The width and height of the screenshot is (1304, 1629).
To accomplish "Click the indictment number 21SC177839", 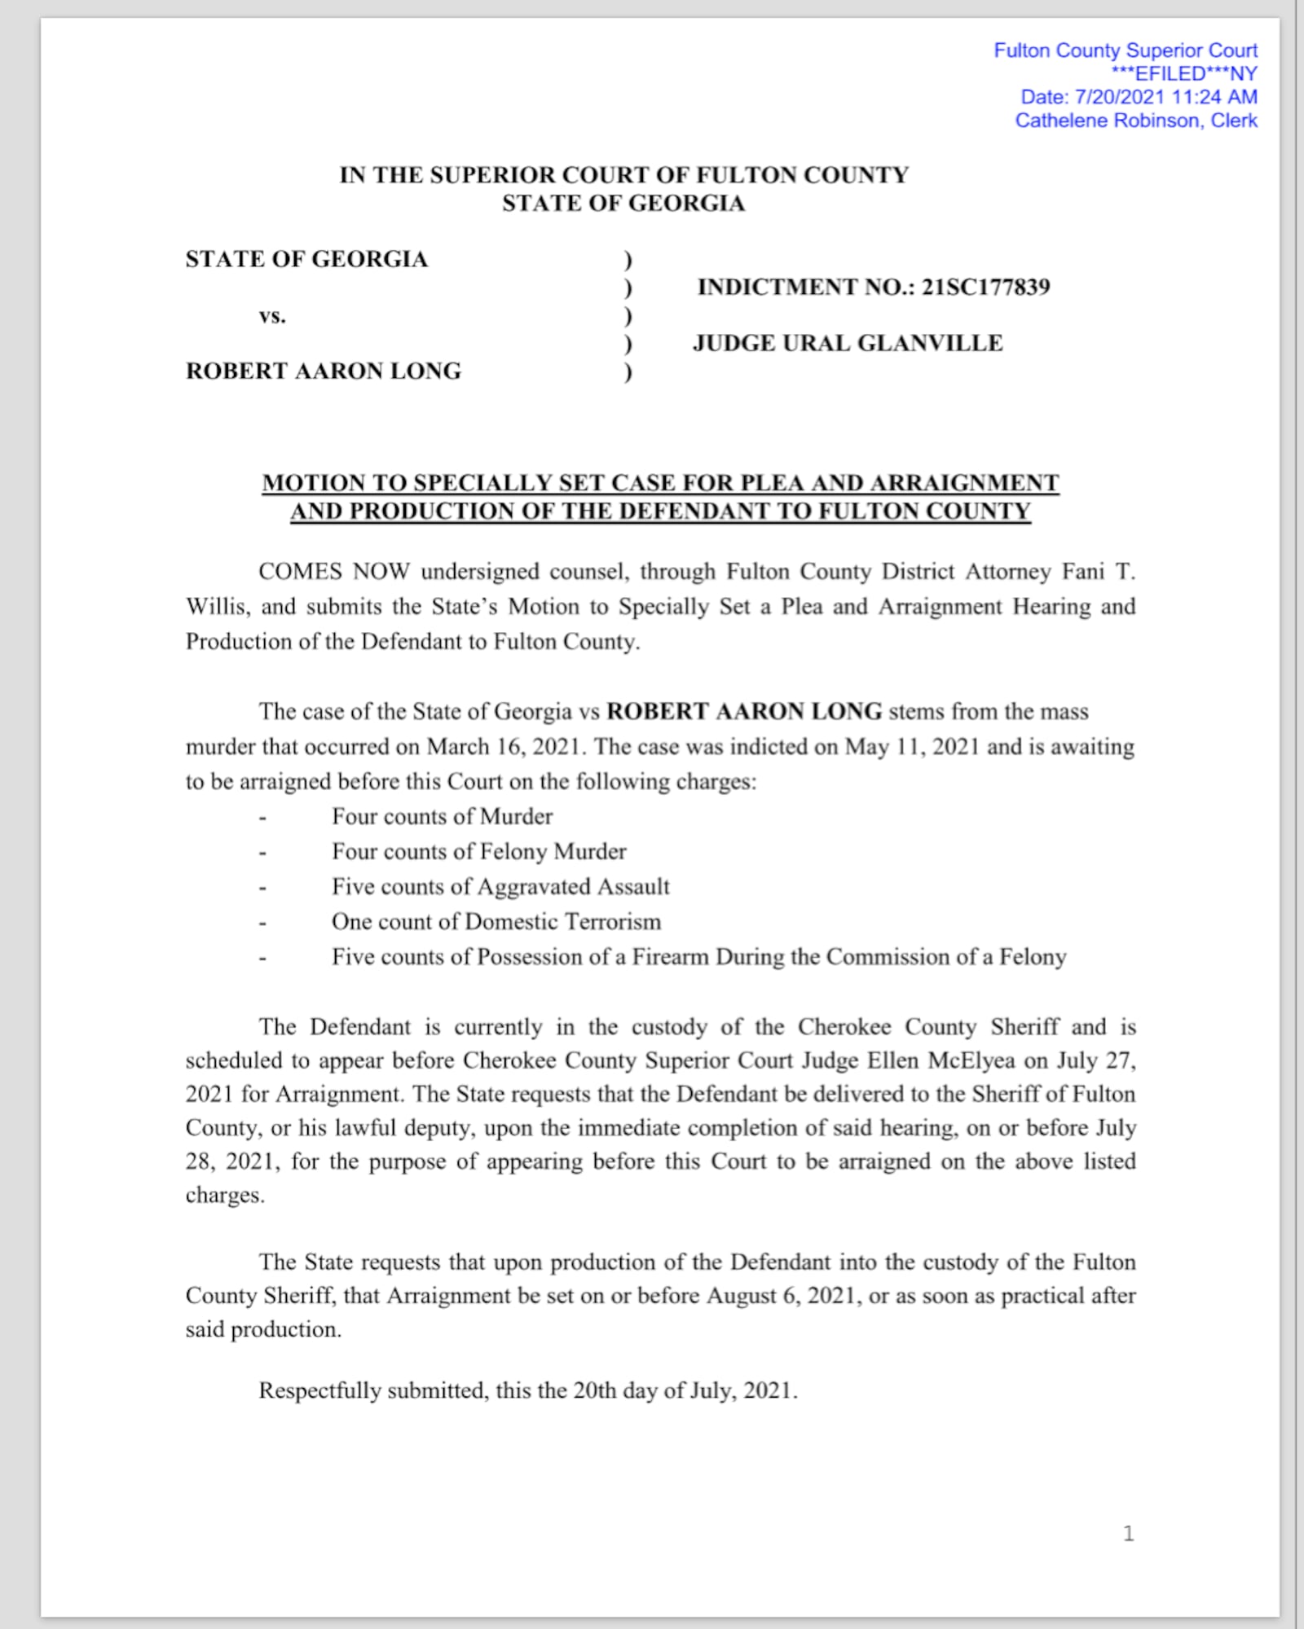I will point(985,287).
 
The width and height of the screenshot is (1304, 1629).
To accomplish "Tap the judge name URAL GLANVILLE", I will point(892,343).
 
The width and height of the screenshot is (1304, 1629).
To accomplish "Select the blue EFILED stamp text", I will point(1184,74).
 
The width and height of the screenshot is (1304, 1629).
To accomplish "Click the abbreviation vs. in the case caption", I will point(272,316).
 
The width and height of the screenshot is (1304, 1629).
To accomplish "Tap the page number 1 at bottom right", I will point(1129,1534).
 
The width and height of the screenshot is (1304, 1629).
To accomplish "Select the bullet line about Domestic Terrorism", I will point(496,921).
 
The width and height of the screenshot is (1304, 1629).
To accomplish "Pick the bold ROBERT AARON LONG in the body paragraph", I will point(744,711).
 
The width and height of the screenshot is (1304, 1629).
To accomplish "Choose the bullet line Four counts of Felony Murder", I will point(479,851).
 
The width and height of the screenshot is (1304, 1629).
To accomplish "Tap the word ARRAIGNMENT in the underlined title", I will point(964,483).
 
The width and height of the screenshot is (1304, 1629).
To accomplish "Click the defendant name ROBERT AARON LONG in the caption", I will point(324,371).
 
